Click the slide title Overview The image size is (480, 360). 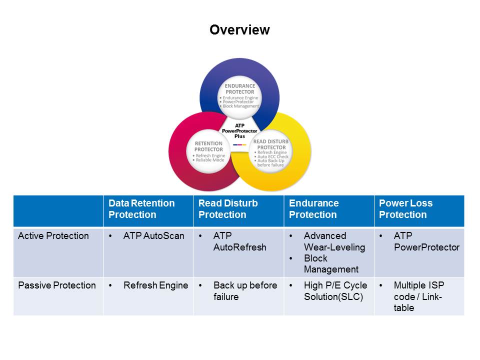[x=239, y=30]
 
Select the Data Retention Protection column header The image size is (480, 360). [x=141, y=209]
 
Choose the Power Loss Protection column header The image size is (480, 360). [x=405, y=209]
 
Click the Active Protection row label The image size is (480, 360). [x=53, y=236]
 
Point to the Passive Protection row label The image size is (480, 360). [x=57, y=285]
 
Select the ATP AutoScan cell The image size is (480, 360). [x=154, y=236]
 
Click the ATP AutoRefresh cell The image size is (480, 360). [x=239, y=241]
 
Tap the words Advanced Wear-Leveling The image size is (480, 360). [x=334, y=241]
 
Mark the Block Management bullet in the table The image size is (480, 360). [x=331, y=264]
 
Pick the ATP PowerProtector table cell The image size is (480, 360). [x=426, y=241]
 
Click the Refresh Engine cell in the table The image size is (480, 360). [x=155, y=285]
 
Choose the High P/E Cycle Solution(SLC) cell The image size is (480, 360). [x=335, y=291]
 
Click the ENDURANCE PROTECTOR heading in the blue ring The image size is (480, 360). [x=239, y=88]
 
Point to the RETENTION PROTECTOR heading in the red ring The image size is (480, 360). [x=208, y=146]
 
